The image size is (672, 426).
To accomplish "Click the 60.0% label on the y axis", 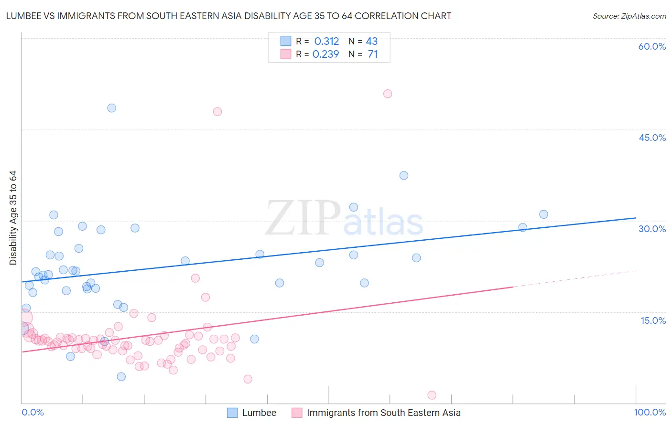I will pyautogui.click(x=652, y=46).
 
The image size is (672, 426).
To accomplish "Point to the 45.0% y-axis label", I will pyautogui.click(x=652, y=138).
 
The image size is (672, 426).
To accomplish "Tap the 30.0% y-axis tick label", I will pyautogui.click(x=652, y=229).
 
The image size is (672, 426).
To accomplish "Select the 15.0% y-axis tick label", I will pyautogui.click(x=653, y=320).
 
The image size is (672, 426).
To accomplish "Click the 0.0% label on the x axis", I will pyautogui.click(x=33, y=412).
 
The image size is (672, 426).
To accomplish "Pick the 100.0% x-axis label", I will pyautogui.click(x=650, y=412).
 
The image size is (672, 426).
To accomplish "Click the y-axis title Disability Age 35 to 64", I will pyautogui.click(x=13, y=218).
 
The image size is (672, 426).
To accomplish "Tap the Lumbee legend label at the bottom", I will pyautogui.click(x=259, y=413).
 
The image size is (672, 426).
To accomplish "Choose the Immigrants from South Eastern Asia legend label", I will pyautogui.click(x=383, y=413).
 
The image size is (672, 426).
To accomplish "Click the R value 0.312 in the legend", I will pyautogui.click(x=326, y=42).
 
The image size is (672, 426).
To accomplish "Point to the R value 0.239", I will pyautogui.click(x=325, y=54).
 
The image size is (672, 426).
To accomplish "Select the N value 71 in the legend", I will pyautogui.click(x=373, y=54).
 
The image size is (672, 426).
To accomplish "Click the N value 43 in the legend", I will pyautogui.click(x=371, y=42).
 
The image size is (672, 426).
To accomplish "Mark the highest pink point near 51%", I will pyautogui.click(x=388, y=94).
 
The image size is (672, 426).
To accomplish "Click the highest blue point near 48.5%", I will pyautogui.click(x=111, y=108).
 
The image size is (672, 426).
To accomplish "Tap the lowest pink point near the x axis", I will pyautogui.click(x=432, y=395).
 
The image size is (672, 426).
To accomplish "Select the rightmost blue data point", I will pyautogui.click(x=543, y=214).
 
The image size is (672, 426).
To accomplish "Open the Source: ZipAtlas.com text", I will pyautogui.click(x=629, y=16).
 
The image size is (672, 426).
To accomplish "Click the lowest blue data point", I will pyautogui.click(x=121, y=377).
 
